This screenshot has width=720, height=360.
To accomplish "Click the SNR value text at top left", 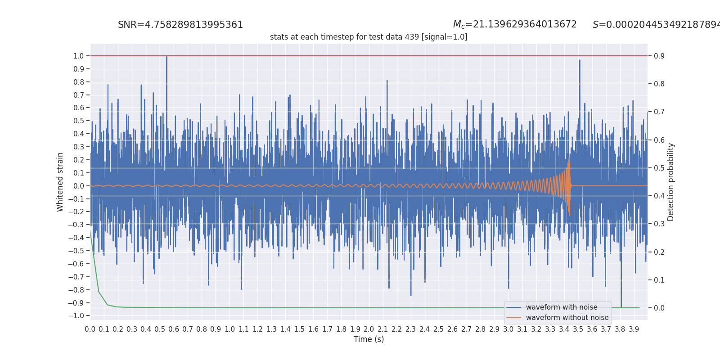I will click(x=180, y=25).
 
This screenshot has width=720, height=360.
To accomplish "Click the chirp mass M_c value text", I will click(x=514, y=24).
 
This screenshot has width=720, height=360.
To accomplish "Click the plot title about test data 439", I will click(x=369, y=37).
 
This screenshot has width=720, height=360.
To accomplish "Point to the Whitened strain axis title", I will click(x=60, y=182).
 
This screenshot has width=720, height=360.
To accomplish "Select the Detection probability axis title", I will click(x=670, y=182).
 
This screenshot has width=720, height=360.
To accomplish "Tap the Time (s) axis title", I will click(x=369, y=339).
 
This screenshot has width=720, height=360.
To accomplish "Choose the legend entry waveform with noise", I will click(x=561, y=307).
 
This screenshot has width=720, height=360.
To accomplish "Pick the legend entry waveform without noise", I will click(x=567, y=318).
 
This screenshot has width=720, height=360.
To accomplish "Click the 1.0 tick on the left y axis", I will click(x=78, y=56).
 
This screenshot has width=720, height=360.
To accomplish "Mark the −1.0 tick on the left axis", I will click(x=76, y=315).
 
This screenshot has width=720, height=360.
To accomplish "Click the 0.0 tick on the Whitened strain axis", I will click(x=78, y=186).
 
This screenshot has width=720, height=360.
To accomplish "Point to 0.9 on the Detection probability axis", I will click(x=659, y=56).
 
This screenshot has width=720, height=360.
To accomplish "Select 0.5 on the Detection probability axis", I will click(x=659, y=168).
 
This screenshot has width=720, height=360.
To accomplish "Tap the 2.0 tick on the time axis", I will click(x=369, y=329).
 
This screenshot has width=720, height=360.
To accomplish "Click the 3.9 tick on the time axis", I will click(x=634, y=329).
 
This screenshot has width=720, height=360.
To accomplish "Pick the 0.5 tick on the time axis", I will click(x=160, y=329).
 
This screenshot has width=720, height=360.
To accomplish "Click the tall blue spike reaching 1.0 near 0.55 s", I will click(x=166, y=57).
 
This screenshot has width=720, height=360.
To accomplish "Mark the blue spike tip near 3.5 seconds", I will click(x=580, y=61).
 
